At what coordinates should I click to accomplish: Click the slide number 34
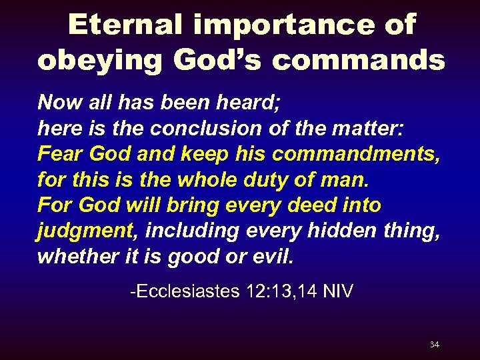pos(434,345)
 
